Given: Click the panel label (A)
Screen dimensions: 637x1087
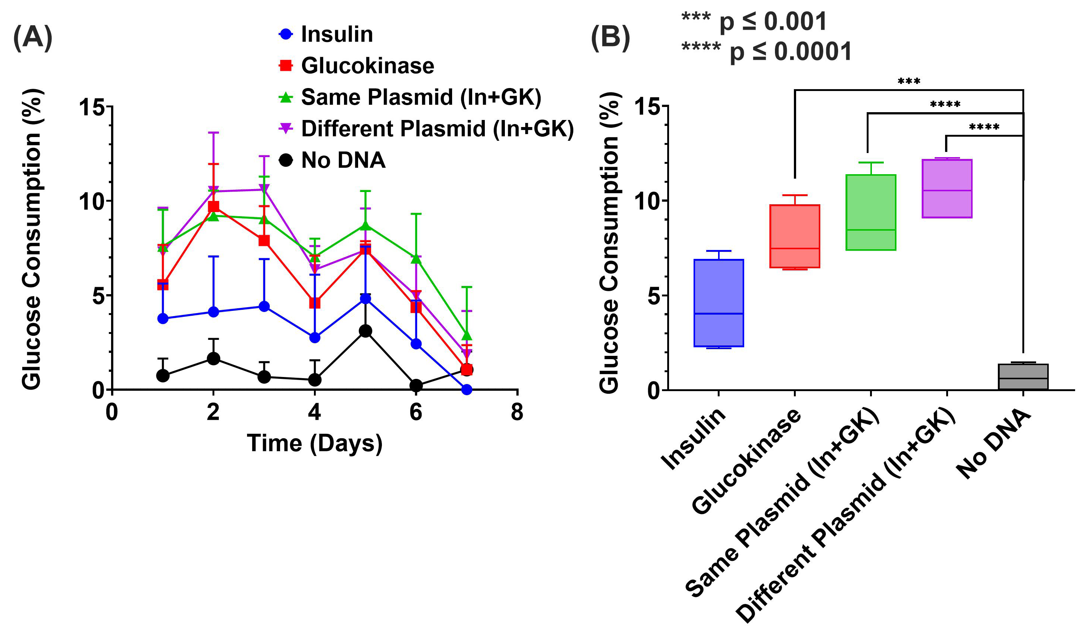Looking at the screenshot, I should (x=33, y=38).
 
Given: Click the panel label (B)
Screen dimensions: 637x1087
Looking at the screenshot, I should (x=610, y=38).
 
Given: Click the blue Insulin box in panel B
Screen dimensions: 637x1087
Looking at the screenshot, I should (x=718, y=303).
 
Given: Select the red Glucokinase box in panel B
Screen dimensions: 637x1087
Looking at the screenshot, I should (x=795, y=236).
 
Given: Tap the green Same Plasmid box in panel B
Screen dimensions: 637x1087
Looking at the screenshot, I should (x=871, y=212).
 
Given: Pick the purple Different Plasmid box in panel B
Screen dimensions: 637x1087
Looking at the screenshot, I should (x=947, y=188).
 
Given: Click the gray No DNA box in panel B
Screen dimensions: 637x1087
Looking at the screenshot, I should (x=1023, y=377).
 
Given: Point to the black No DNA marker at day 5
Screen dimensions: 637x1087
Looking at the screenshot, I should (x=365, y=331).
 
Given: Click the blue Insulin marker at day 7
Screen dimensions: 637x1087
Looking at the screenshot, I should (x=467, y=390).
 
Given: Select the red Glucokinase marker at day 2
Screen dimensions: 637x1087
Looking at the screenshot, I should (x=213, y=206).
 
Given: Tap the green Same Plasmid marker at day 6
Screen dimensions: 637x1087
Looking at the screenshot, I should (x=416, y=259).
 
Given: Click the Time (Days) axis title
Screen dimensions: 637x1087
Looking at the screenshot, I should (x=314, y=443).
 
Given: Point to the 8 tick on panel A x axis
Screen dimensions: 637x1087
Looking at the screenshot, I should (x=517, y=412).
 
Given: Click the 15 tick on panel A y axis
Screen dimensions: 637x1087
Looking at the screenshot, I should (x=92, y=107).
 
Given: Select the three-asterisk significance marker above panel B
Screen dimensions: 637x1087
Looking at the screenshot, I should (x=909, y=81).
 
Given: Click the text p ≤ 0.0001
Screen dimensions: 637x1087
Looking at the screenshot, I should (x=790, y=52).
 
